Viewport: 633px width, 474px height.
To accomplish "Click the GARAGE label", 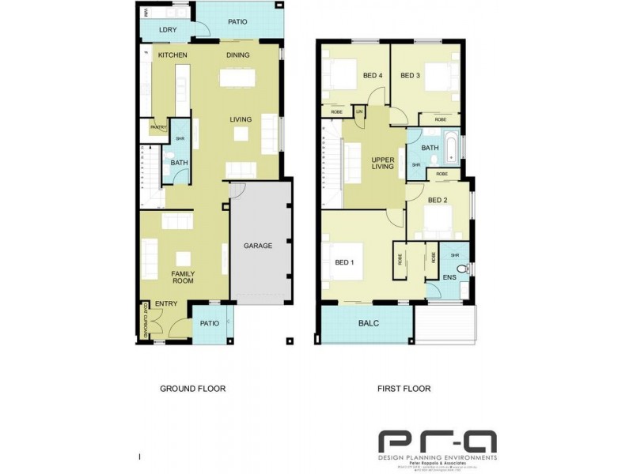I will (x=258, y=246).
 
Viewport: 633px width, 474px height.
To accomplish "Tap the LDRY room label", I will (x=167, y=30).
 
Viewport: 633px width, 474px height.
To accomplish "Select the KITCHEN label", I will (x=172, y=55).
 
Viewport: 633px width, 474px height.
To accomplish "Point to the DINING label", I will (x=238, y=55).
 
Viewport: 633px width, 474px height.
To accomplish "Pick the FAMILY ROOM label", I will (x=184, y=278).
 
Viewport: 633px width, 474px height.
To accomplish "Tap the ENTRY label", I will (x=166, y=304).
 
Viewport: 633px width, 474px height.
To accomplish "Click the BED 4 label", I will (x=373, y=76).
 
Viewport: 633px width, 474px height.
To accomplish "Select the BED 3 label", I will (x=410, y=76).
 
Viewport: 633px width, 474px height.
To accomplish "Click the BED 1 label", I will (x=344, y=262).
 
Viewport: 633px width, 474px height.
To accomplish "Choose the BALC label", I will (x=369, y=323).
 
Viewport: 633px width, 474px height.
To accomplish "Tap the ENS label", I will (x=449, y=277).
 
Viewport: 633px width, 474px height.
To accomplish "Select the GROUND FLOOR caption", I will (x=193, y=389).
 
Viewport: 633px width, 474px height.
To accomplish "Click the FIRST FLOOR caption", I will (x=404, y=389).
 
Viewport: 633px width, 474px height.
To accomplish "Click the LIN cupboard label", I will (x=358, y=111).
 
